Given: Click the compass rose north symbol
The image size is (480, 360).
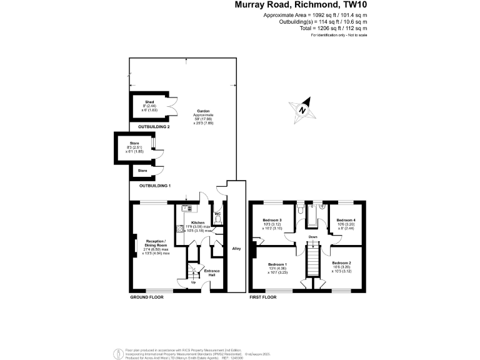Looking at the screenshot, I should click(303, 109).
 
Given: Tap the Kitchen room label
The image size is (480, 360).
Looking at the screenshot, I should click(198, 222).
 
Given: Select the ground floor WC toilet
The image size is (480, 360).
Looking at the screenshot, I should click(217, 220).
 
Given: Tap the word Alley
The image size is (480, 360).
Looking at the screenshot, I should click(236, 248).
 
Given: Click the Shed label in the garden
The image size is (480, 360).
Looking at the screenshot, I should click(149, 101).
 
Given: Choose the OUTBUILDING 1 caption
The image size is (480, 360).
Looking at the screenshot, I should click(155, 186).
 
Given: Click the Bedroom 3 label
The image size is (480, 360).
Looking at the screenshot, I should click(272, 221).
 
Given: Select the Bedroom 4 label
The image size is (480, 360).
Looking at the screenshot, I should click(346, 221).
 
